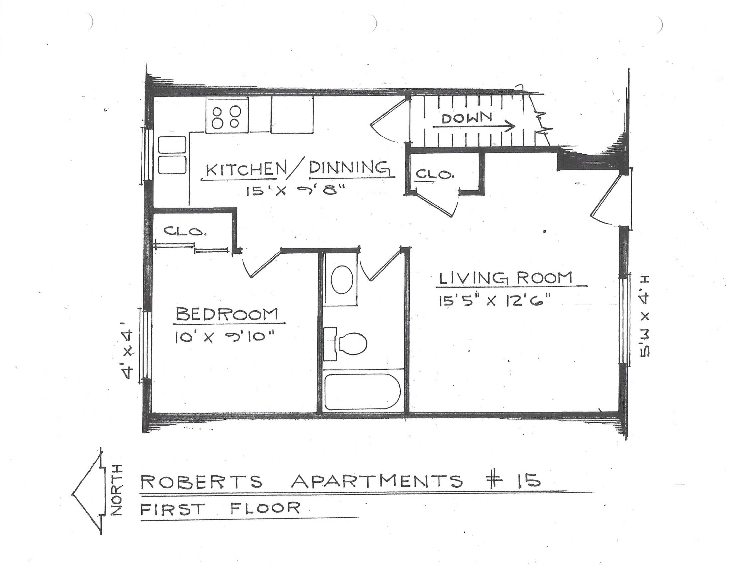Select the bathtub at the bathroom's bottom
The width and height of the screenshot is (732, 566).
coord(362,392)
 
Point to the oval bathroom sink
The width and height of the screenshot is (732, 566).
coord(342,279)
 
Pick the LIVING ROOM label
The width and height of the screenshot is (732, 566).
coord(505,278)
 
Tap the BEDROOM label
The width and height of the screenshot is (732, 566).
coord(227,315)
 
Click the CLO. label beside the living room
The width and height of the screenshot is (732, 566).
coord(435,174)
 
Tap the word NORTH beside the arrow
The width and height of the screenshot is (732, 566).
coord(117,490)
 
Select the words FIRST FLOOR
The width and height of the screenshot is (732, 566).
coord(220,509)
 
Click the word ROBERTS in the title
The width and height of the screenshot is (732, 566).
coord(201,482)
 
